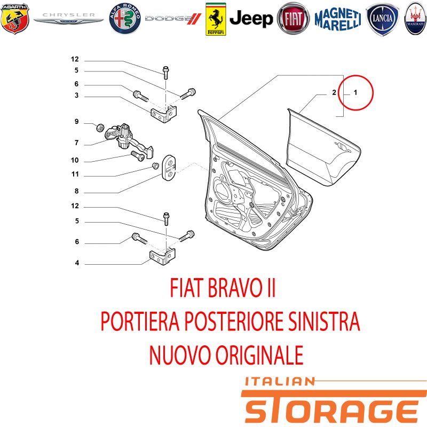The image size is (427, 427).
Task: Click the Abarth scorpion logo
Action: (15, 19)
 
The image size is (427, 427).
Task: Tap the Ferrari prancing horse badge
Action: (216, 19)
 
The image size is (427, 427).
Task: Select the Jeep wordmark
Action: (251, 19)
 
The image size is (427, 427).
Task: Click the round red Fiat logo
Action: (293, 19)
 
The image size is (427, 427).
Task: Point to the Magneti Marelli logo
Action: (338, 19)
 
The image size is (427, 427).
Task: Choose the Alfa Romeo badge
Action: (125, 19)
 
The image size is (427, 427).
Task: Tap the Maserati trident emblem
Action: (415, 19)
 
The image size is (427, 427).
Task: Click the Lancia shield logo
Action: (382, 19)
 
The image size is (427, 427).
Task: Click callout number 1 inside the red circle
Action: (355, 92)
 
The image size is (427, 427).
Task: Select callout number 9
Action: (76, 122)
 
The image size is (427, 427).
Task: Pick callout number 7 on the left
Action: (76, 143)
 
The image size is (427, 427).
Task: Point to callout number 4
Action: (77, 263)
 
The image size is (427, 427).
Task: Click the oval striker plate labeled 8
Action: (169, 168)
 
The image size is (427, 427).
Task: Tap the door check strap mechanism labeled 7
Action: (128, 140)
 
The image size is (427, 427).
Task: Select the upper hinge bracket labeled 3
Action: (164, 114)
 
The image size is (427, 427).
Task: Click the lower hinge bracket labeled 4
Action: (163, 257)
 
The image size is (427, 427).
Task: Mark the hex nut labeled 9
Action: (100, 127)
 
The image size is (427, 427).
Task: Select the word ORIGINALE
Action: (259, 355)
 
